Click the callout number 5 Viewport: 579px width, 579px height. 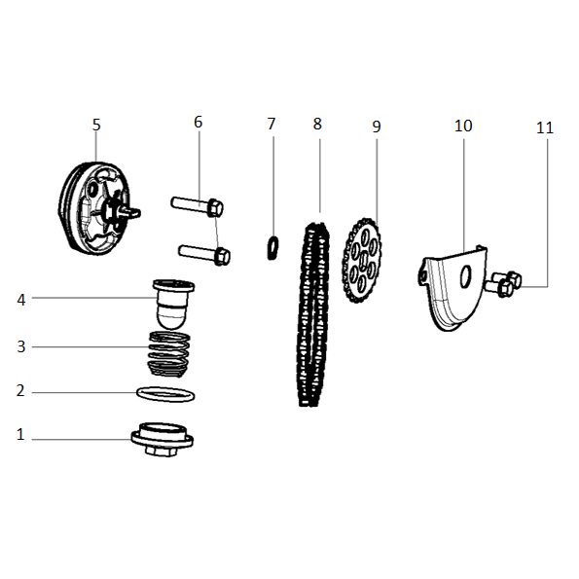point(96,125)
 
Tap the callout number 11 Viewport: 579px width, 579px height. point(545,127)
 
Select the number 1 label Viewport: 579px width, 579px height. point(20,434)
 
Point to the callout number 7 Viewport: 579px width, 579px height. point(271,125)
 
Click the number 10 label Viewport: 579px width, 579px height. point(463,126)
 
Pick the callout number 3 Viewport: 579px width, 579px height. point(21,346)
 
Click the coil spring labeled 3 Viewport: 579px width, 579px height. point(169,354)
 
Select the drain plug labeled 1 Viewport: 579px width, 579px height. point(163,440)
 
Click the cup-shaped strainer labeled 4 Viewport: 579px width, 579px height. point(173,304)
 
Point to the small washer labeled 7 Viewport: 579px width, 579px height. point(272,247)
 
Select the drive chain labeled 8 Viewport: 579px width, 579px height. point(312,314)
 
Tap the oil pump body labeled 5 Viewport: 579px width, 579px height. point(96,208)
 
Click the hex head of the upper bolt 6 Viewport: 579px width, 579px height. point(215,208)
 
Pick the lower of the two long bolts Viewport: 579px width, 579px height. point(204,254)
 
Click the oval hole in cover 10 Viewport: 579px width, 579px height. point(466,276)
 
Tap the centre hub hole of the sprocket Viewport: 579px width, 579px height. point(363,260)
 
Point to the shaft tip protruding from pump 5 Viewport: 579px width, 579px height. point(134,212)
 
